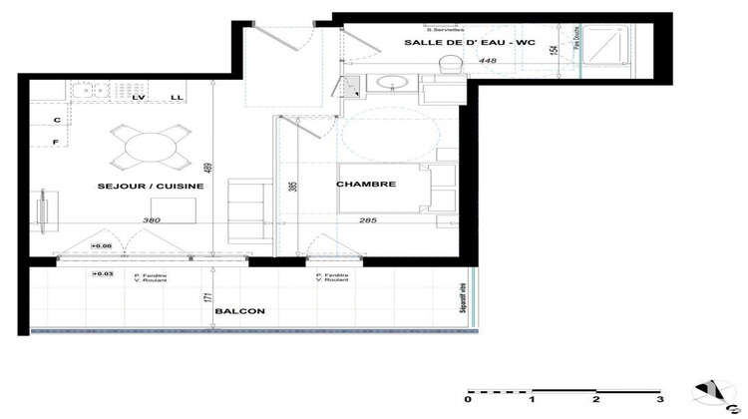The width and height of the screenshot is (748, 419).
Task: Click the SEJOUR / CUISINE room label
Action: (151, 187)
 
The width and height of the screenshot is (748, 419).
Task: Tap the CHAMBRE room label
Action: (367, 185)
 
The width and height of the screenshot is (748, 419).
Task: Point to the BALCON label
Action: (239, 311)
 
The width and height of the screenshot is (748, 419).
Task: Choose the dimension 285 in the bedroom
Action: (369, 220)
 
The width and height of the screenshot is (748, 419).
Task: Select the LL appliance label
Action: (176, 98)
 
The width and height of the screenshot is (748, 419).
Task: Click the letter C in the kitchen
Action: (57, 121)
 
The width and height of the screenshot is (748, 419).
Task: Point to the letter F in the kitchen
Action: (57, 143)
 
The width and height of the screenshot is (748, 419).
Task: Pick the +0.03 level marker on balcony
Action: (102, 273)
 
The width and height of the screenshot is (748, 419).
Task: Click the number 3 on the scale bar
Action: (659, 399)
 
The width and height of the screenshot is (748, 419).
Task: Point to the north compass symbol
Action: (715, 393)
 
